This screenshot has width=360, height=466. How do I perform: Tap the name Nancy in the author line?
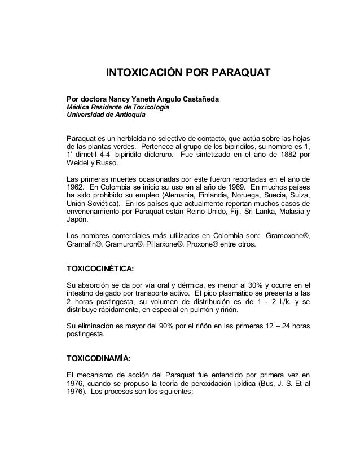(116, 99)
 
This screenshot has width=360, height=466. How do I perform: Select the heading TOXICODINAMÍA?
(99, 358)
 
